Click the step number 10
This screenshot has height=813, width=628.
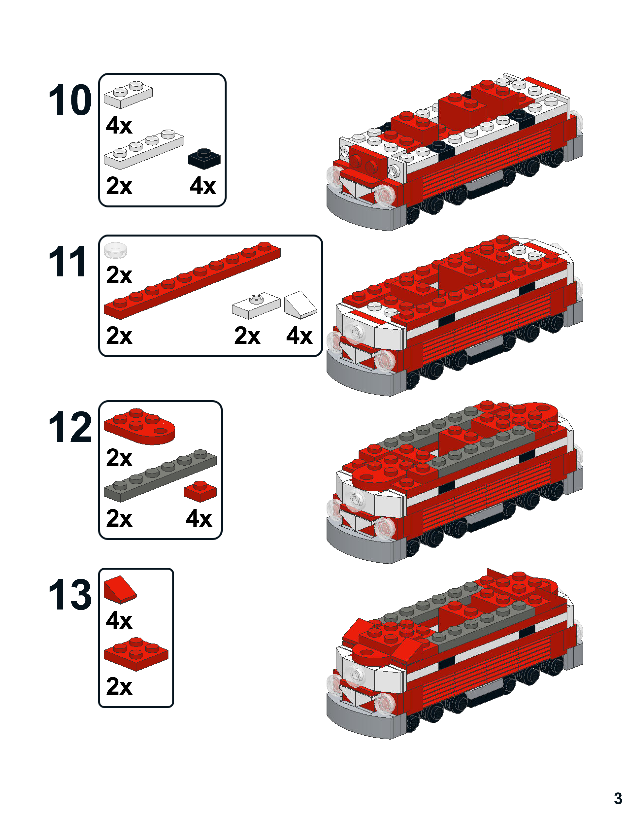pyautogui.click(x=70, y=100)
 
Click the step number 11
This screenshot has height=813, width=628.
pyautogui.click(x=68, y=262)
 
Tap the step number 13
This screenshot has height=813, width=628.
pyautogui.click(x=70, y=594)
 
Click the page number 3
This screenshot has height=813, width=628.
pyautogui.click(x=618, y=798)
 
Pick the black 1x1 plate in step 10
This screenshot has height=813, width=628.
pyautogui.click(x=204, y=159)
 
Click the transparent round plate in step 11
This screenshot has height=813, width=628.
pyautogui.click(x=116, y=250)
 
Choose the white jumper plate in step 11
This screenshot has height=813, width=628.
pyautogui.click(x=256, y=305)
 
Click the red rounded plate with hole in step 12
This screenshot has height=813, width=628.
pyautogui.click(x=139, y=427)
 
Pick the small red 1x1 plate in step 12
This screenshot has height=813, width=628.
pyautogui.click(x=200, y=491)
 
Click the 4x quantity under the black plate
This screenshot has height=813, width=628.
pyautogui.click(x=202, y=186)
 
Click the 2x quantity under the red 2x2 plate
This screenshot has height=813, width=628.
pyautogui.click(x=119, y=686)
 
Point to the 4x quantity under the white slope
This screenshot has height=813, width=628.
pyautogui.click(x=299, y=336)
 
